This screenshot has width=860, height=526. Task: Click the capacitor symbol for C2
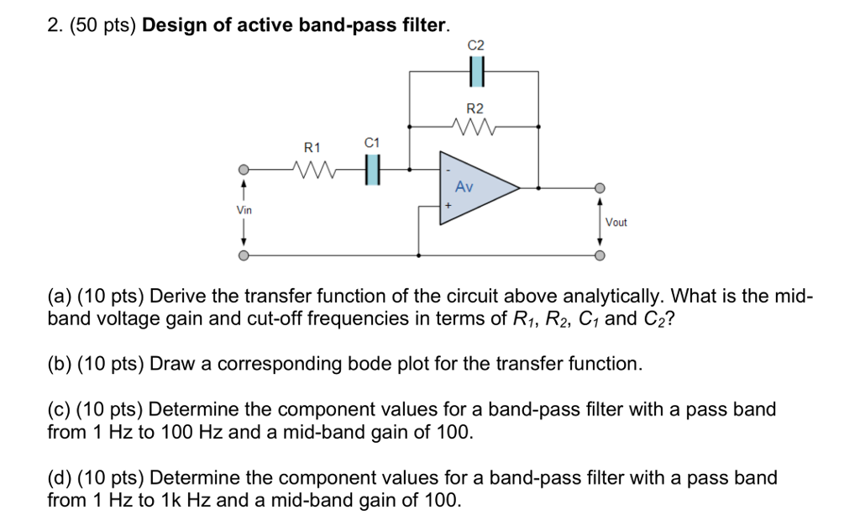click(475, 73)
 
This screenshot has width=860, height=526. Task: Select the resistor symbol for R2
click(475, 128)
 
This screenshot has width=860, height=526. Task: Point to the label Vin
click(244, 209)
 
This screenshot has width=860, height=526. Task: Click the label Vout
click(616, 223)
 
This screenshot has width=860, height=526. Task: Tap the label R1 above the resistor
click(312, 147)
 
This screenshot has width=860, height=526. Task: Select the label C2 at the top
click(475, 45)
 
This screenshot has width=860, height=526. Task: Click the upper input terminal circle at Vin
click(244, 169)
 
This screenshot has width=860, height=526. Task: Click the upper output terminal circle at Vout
click(600, 188)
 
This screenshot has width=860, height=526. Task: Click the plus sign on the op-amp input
click(448, 205)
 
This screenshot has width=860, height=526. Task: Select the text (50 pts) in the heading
click(99, 25)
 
